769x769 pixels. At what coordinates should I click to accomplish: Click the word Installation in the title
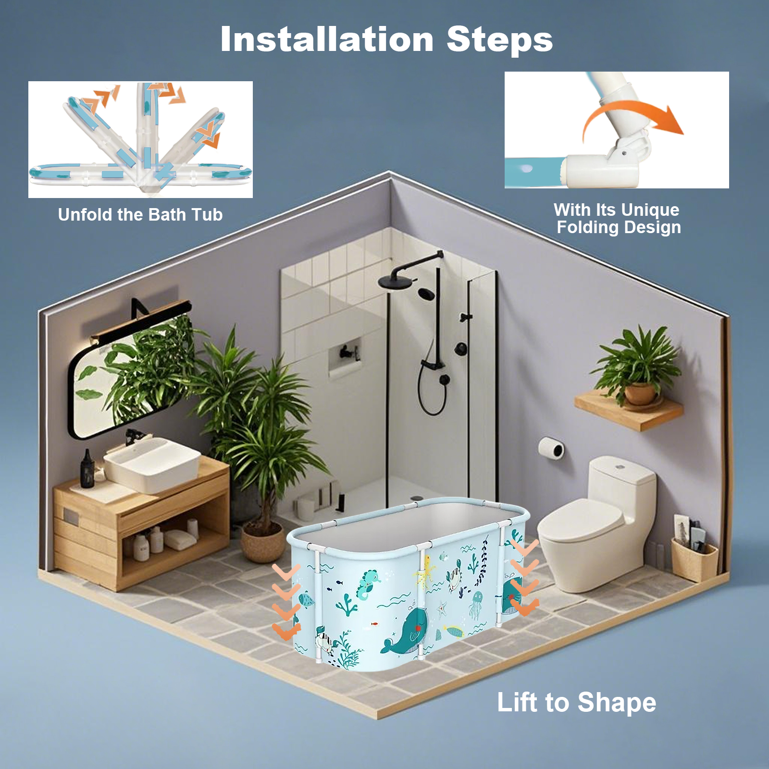[x=327, y=39]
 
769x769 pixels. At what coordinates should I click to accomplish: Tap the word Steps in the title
[x=500, y=40]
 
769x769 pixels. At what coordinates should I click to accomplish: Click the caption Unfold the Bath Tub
[x=140, y=214]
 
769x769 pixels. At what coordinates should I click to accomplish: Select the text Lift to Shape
[x=576, y=703]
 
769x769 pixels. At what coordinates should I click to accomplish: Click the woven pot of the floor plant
[x=262, y=542]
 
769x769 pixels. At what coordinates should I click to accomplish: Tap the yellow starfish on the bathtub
[x=424, y=571]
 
